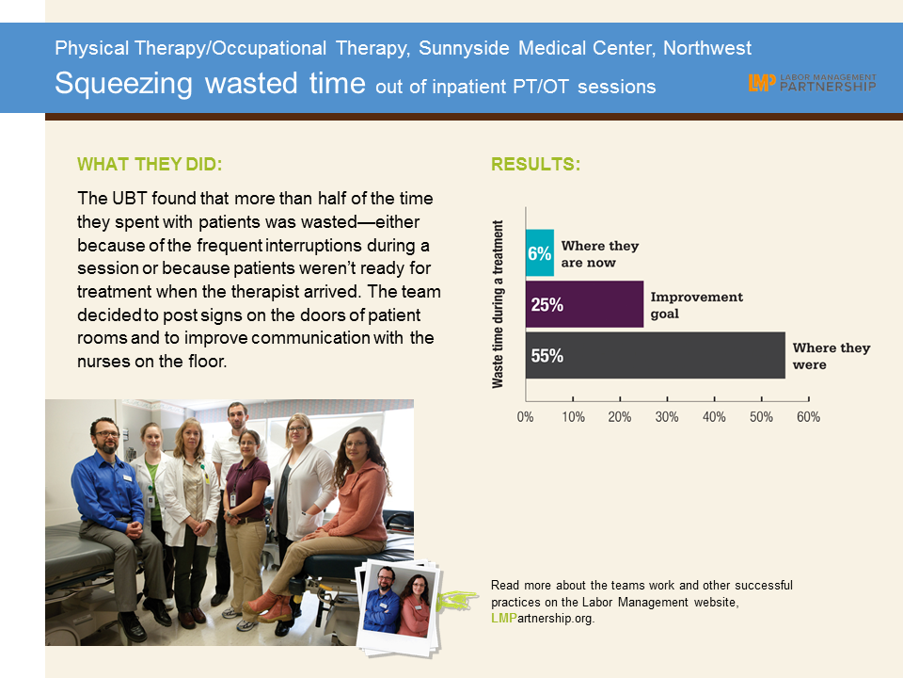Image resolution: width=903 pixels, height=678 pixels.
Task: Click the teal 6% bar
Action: [540, 253]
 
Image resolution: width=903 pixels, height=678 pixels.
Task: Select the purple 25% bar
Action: [584, 304]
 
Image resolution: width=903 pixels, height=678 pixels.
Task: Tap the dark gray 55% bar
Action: [656, 355]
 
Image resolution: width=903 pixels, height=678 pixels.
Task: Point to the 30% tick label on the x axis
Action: [667, 417]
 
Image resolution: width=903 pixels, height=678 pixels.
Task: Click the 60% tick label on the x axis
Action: [809, 417]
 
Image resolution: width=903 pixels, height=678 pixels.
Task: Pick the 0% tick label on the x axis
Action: [525, 417]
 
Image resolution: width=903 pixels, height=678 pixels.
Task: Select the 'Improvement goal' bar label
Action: [697, 305]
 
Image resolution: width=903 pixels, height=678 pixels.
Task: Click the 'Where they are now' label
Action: [600, 254]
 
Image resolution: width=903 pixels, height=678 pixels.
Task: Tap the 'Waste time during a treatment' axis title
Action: [498, 304]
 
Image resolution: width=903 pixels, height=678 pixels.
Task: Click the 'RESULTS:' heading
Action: [535, 164]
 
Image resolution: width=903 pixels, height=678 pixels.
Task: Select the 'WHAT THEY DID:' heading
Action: [150, 164]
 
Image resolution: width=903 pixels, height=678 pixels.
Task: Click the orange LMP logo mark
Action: [762, 83]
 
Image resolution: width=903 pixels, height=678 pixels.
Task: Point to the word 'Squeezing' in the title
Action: [123, 84]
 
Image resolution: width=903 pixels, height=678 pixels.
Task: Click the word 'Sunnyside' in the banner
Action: [464, 48]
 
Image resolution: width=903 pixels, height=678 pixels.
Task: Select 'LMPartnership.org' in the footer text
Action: [542, 618]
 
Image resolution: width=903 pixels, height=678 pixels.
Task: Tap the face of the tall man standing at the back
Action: [237, 418]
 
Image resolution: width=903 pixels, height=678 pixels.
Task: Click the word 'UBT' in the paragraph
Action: [130, 199]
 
